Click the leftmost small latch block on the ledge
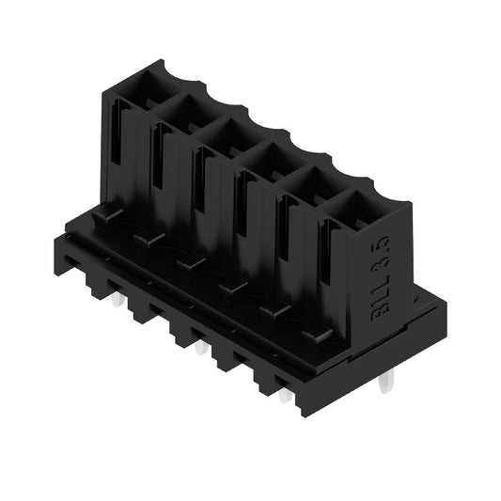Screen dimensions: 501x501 point(106,215)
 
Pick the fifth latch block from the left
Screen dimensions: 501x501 point(275,309)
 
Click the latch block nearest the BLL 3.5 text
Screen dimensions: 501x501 point(318,333)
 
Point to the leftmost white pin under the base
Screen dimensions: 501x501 point(117,302)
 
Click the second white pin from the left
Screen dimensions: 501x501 point(201,349)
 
